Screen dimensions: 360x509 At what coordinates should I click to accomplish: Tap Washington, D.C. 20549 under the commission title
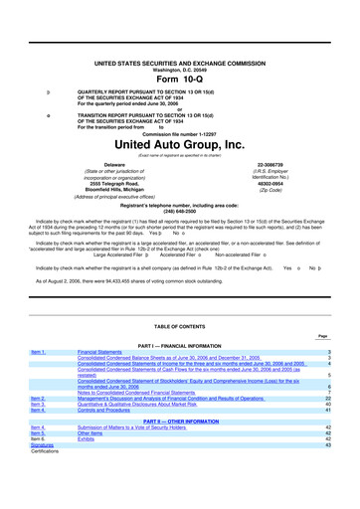click(x=179, y=42)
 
